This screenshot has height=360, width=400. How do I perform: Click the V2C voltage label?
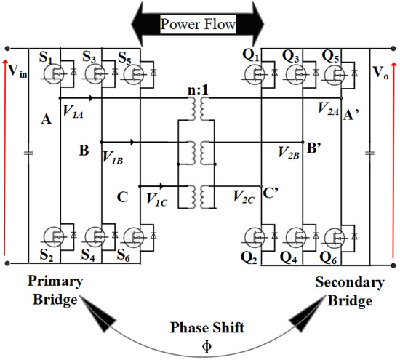245,196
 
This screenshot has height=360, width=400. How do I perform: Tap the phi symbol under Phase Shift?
199,341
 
